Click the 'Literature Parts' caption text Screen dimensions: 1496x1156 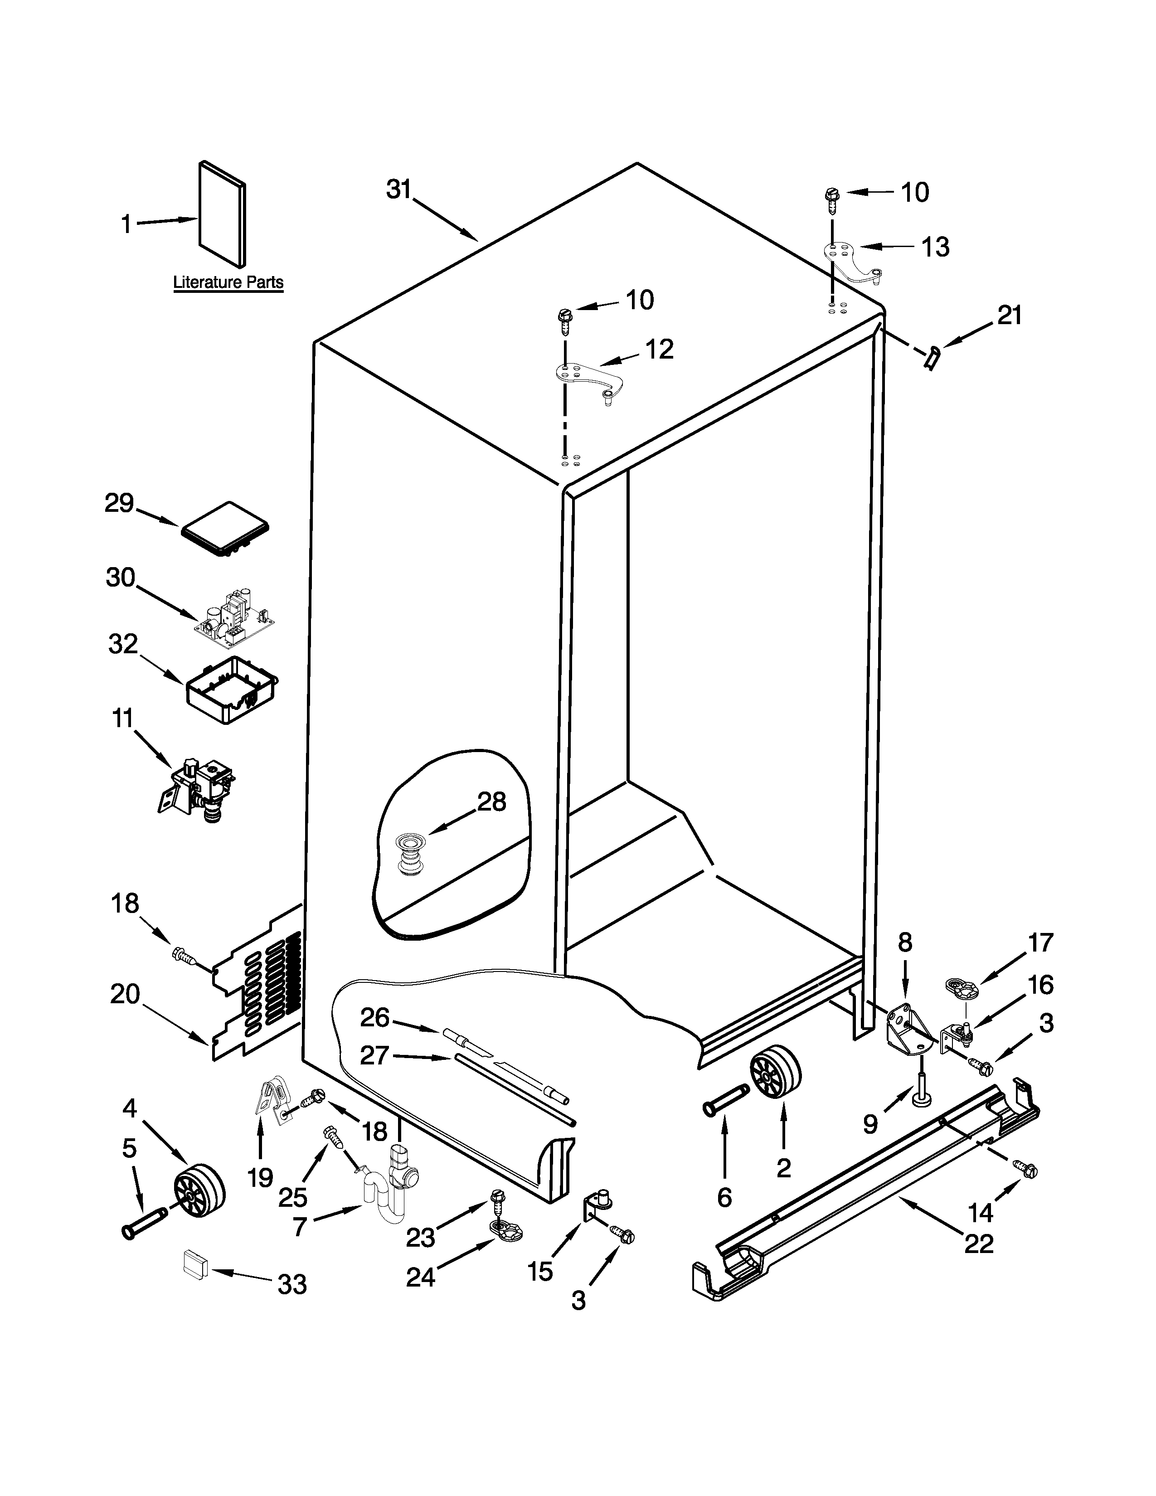228,282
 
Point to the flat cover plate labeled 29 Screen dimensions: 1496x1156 224,529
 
